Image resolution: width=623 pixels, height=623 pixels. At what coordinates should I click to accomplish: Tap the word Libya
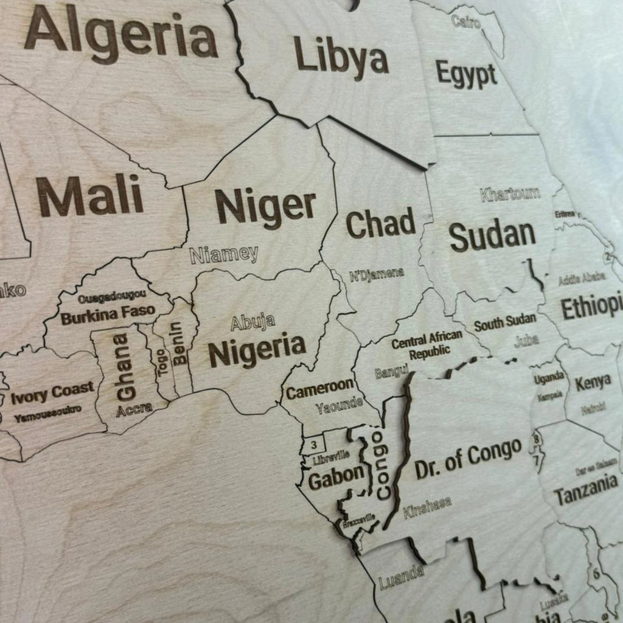341,56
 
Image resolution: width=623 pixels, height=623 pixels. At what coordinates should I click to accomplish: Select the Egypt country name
466,74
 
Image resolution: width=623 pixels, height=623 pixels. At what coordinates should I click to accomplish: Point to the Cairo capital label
466,22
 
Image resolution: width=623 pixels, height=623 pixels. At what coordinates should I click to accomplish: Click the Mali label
90,196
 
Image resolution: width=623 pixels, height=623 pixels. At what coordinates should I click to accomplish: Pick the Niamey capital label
224,254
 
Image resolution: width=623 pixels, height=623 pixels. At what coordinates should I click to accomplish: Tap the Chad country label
381,224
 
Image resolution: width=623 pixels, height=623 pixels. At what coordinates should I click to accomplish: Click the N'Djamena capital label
377,274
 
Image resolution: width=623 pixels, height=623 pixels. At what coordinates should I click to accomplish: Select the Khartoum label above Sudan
510,195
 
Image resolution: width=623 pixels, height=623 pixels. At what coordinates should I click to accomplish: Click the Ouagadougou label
112,297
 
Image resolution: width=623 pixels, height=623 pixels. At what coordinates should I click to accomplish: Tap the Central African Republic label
427,345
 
